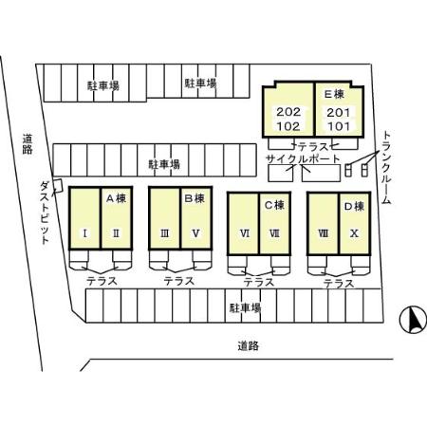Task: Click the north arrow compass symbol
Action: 413,320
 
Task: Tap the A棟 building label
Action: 116,198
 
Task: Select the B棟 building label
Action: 195,198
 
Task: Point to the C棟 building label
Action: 274,205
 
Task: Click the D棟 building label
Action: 354,207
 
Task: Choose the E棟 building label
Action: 334,94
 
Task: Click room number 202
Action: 288,112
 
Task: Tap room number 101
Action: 339,126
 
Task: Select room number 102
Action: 288,126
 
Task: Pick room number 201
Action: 339,112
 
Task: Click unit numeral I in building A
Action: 84,233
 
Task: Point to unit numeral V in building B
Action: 195,233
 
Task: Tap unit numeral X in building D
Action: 354,233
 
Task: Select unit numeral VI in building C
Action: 245,233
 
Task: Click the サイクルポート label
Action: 303,158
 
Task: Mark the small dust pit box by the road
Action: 58,186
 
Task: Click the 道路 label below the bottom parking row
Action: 249,345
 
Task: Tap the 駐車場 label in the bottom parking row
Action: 245,307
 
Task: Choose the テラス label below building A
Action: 102,281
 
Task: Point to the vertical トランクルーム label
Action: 386,167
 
